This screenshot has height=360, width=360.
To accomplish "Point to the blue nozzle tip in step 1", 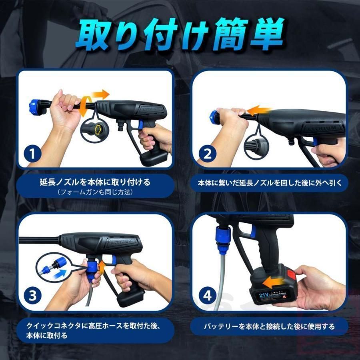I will point(36,106).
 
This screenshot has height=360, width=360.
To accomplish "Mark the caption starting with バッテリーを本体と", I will point(268,326).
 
